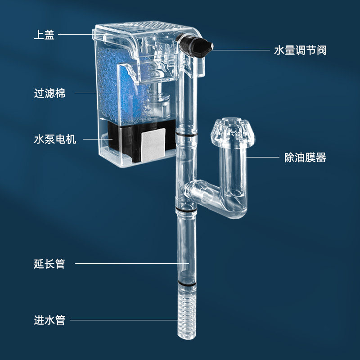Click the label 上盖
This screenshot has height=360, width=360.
point(44,35)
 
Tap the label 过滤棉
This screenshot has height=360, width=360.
point(49,93)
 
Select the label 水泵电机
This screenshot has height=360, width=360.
point(55,139)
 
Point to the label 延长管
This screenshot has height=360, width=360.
point(49,264)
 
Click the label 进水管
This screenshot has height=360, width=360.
point(49,320)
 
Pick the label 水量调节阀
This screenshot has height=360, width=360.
point(300,50)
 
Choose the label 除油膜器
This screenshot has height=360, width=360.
point(305,157)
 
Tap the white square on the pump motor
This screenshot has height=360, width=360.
point(153,145)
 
